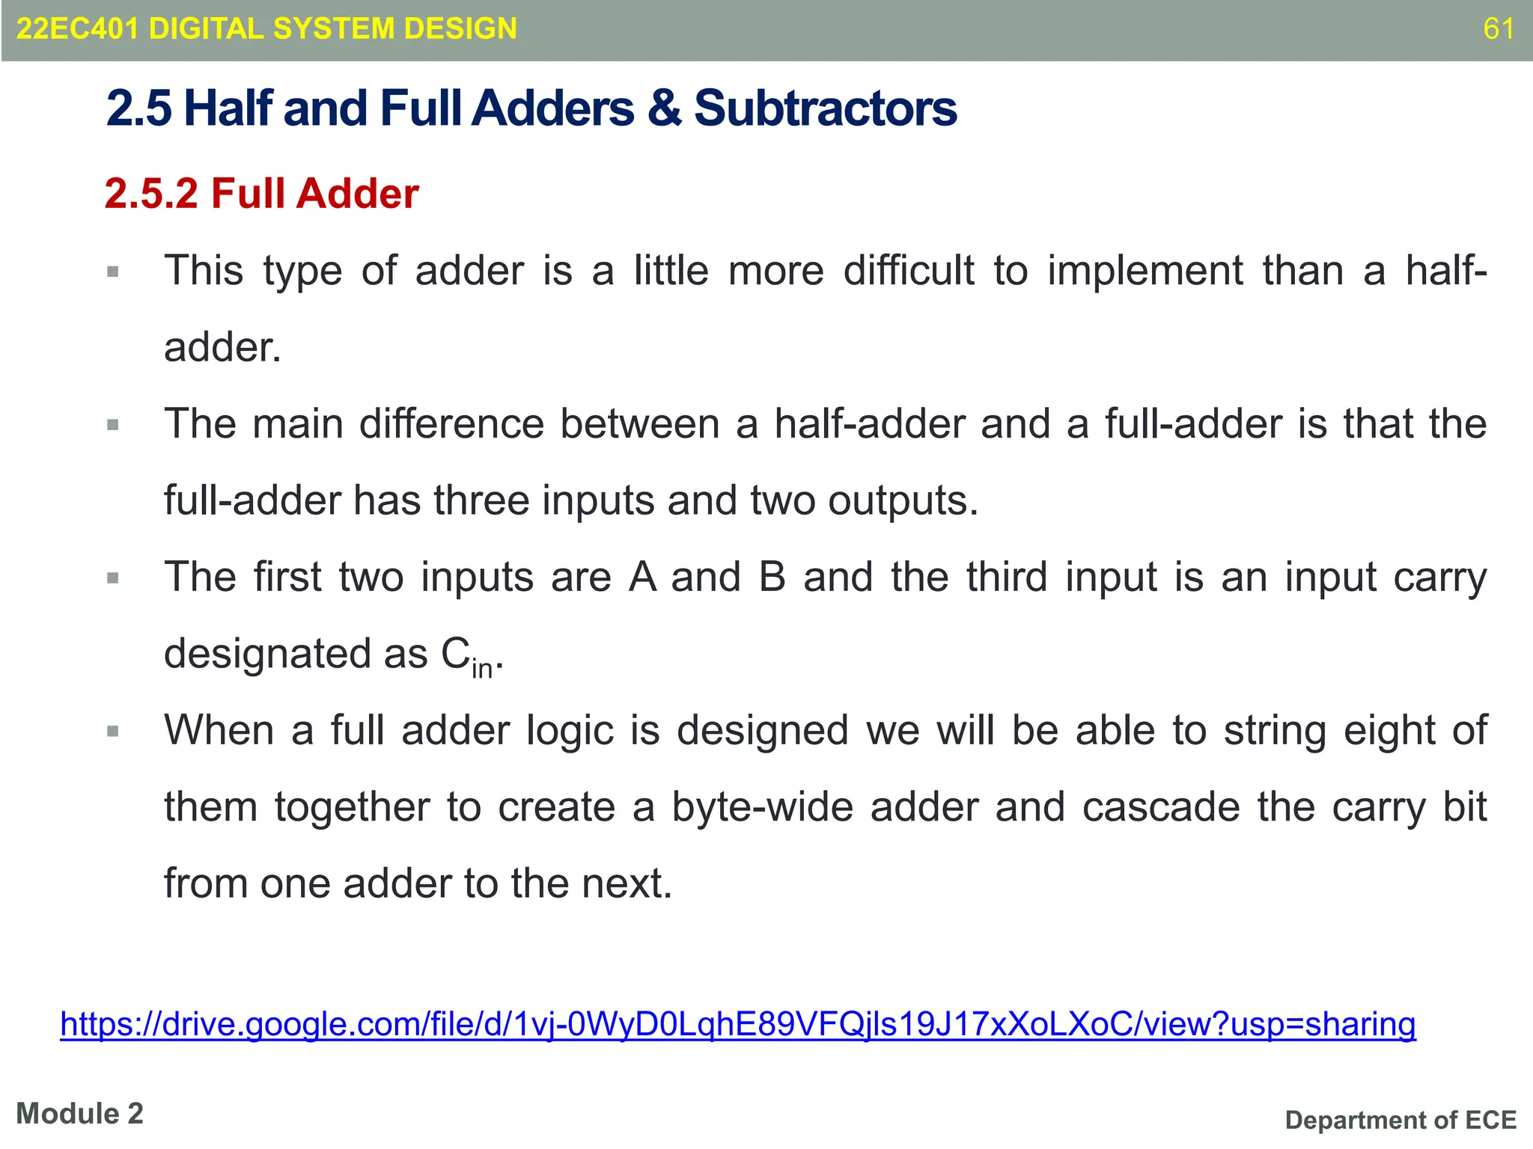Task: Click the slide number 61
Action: pos(1499,29)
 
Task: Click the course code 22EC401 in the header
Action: pos(77,29)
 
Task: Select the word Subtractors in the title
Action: pos(825,108)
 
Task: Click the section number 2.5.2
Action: pos(151,194)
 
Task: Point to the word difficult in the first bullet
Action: pos(909,271)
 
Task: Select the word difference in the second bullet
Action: pos(451,424)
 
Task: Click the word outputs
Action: pos(902,502)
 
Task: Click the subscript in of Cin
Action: pos(482,667)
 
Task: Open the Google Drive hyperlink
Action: pos(737,1024)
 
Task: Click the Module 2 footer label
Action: pos(79,1114)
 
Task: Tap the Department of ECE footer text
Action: pos(1401,1121)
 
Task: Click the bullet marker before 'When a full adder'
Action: pos(113,731)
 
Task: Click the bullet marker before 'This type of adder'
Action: pos(113,272)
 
